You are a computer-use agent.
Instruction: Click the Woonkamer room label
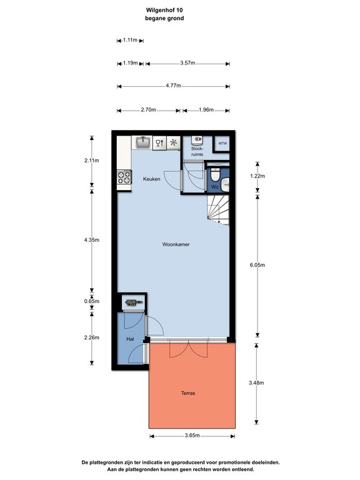176,244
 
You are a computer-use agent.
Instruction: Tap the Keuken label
151,179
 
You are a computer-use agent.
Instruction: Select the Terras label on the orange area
188,393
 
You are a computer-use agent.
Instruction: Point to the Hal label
130,339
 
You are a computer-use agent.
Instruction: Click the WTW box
222,143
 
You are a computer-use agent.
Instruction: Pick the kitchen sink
142,142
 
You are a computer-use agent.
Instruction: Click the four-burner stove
124,177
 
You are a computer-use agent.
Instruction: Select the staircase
218,210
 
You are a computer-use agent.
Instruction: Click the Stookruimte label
197,151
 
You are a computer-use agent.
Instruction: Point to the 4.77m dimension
173,86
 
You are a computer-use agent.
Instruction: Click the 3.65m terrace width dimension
192,436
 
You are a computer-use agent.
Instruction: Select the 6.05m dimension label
257,265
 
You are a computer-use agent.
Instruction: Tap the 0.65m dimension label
91,301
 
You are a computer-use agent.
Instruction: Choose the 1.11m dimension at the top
130,40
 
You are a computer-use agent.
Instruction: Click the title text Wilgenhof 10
164,10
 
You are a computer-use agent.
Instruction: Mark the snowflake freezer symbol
174,142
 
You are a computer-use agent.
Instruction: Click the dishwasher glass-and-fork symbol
159,142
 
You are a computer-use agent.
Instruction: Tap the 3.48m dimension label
256,382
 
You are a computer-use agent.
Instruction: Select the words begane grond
164,18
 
